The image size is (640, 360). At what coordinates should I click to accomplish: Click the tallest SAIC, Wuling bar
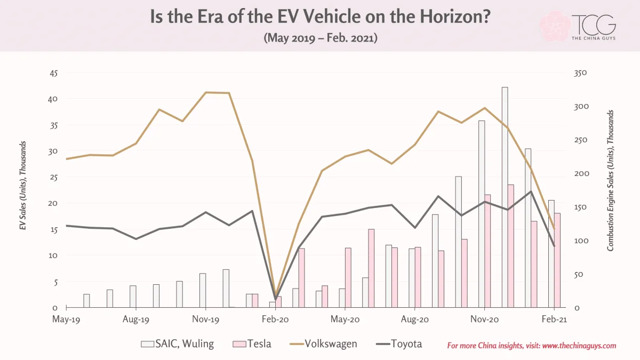point(505,197)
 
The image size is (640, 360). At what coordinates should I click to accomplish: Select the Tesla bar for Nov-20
point(487,251)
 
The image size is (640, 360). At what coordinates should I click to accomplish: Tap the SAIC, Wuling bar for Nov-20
point(482,214)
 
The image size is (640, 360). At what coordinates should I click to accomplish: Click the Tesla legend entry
point(252,343)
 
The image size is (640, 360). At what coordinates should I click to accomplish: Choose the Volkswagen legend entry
point(323,343)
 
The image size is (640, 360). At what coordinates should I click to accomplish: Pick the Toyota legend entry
point(399,343)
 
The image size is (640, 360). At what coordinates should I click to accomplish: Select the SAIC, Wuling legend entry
point(178,343)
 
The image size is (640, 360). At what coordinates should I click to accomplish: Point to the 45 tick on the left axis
point(54,73)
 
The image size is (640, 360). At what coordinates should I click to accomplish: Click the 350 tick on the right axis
point(580,73)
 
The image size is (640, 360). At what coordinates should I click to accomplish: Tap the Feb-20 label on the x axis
point(275,319)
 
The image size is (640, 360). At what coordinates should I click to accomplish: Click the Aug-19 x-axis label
point(135,319)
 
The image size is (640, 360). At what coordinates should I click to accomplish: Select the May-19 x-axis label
point(66,319)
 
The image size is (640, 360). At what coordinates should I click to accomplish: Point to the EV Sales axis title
point(23,186)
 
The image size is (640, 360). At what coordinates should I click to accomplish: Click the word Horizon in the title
point(455,17)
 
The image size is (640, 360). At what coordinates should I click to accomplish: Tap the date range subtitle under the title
point(321,38)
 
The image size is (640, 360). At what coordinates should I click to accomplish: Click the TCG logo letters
point(594,25)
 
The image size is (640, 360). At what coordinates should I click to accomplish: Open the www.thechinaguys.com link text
point(579,346)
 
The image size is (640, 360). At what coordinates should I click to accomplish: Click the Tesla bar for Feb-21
point(557,260)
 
